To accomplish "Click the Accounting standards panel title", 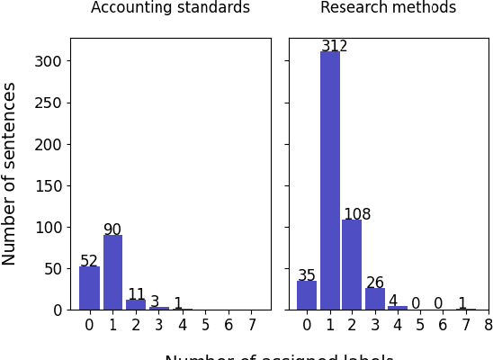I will [170, 8].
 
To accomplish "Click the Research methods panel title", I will [388, 8].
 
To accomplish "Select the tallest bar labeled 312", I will [330, 180].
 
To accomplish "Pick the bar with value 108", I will [353, 265].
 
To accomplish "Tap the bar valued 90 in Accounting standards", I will [112, 272].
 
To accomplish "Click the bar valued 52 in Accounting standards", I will [89, 288].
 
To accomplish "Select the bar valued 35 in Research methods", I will [307, 295].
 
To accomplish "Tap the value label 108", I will [357, 214].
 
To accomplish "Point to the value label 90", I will [112, 229].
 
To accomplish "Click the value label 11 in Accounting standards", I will [136, 294].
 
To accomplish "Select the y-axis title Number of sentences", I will [10, 174].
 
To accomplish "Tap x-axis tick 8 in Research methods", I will [489, 325].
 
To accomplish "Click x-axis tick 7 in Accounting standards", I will [252, 325].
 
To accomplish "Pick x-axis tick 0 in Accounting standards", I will [89, 325].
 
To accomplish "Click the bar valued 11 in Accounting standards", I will [136, 305].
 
